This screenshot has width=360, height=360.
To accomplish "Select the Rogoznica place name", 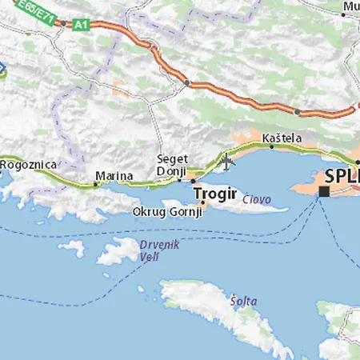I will (29, 164).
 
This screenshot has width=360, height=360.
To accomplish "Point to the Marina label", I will (114, 174).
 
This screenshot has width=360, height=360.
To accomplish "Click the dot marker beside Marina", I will (95, 184).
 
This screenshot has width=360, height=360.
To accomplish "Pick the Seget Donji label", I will (172, 165).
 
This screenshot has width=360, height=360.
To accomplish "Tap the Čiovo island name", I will (257, 199).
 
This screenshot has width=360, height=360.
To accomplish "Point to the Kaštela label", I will (282, 138).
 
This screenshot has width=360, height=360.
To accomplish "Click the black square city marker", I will (324, 192).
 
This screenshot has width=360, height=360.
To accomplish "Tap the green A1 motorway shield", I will (80, 25).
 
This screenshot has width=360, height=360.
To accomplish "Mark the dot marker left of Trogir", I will (193, 182).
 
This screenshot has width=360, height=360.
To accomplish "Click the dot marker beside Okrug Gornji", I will (203, 203).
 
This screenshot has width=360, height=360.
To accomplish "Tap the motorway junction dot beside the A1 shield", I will (62, 23).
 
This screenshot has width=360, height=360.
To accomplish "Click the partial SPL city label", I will (341, 177).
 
